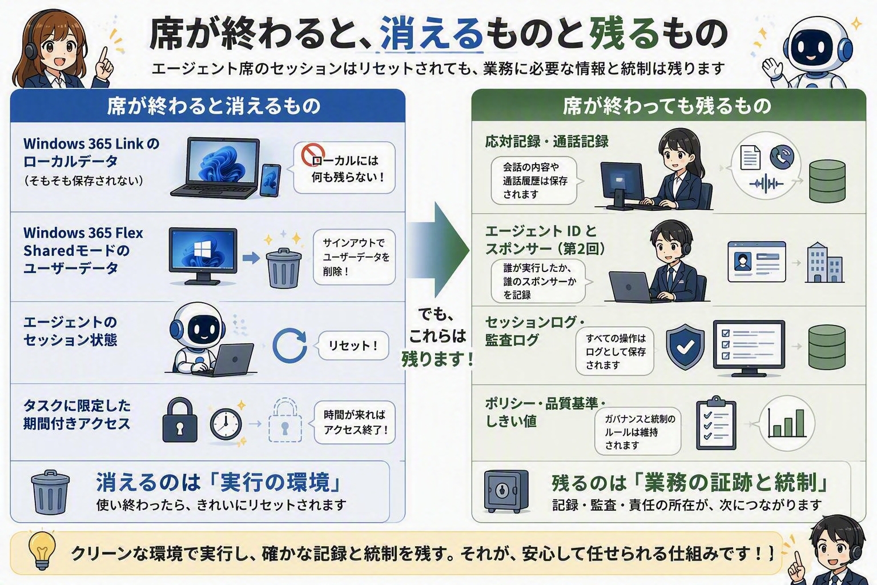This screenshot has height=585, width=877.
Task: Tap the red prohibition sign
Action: coord(313,154)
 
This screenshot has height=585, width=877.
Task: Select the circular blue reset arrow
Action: coord(289,345)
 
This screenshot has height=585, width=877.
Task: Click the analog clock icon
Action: coord(226,423)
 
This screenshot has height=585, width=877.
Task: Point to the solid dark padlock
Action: coord(180,420)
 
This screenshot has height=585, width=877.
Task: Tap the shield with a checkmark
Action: coord(685,346)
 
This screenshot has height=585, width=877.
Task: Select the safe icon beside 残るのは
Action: coord(506,491)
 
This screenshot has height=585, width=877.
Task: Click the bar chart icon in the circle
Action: coord(787,423)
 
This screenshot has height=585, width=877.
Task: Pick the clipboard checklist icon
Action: coord(716,423)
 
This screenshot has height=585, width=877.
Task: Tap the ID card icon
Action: coord(757,262)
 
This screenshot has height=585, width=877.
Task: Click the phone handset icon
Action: coord(782,157)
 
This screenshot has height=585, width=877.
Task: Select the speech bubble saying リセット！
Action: coord(353,346)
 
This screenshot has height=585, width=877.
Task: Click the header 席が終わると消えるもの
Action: coord(214,106)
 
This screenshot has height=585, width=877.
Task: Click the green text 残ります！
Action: coord(437,359)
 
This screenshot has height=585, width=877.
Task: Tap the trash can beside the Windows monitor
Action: coord(283,268)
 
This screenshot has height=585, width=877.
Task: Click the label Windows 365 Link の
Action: coord(91,144)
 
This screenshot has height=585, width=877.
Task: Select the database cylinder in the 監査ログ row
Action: coord(827,347)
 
